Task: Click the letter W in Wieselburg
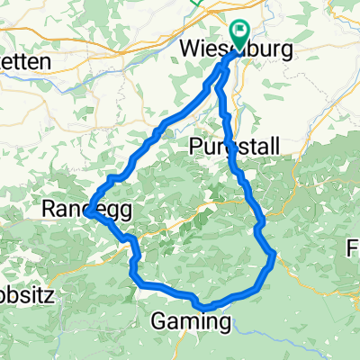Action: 191,51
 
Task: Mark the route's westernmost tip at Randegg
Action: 90,212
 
